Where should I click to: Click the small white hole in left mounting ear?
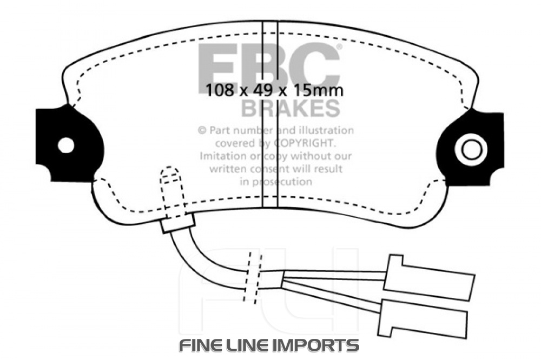(66, 145)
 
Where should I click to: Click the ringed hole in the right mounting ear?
(471, 149)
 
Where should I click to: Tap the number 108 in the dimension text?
(219, 90)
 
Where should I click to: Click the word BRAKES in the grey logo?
(290, 108)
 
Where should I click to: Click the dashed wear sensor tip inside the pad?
(170, 177)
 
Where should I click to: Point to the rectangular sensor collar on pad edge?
(178, 223)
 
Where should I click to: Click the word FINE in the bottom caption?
(201, 345)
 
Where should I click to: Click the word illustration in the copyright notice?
(324, 130)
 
